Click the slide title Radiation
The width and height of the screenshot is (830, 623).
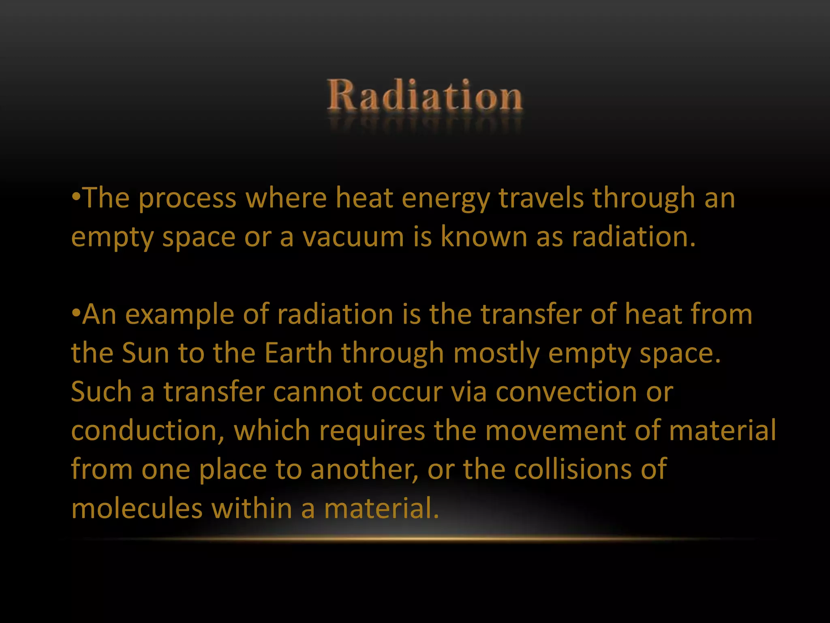coord(425,96)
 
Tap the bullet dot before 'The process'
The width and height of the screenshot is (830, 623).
coord(76,198)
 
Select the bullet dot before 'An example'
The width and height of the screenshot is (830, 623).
coord(76,314)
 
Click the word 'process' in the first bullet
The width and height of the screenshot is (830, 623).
coord(187,200)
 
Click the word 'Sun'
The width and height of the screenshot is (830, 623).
coord(145,353)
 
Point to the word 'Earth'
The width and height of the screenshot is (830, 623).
coord(298,353)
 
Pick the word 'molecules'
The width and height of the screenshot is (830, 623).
coord(137,508)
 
